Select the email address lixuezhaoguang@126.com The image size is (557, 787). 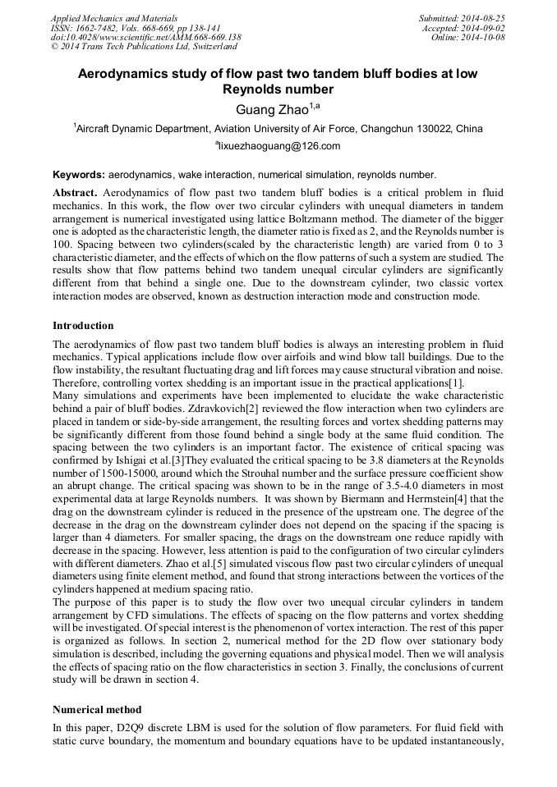pos(278,146)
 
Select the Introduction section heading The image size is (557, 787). pos(83,326)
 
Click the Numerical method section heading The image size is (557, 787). pos(97,709)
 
